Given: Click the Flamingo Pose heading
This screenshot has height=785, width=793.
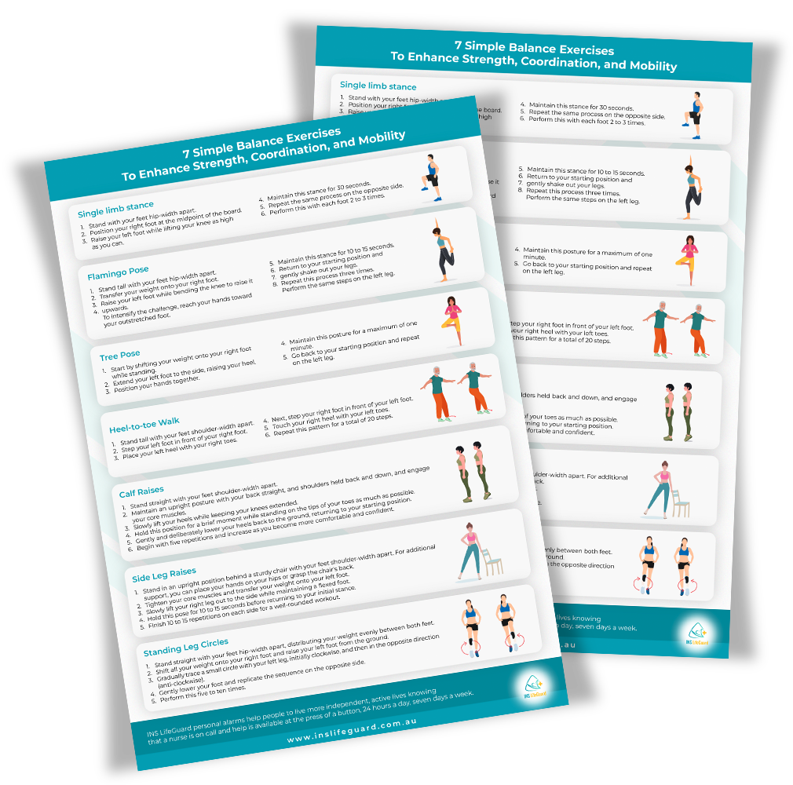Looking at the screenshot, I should pos(118,269).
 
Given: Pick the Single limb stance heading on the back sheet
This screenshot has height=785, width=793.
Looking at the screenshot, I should pos(378,86).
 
